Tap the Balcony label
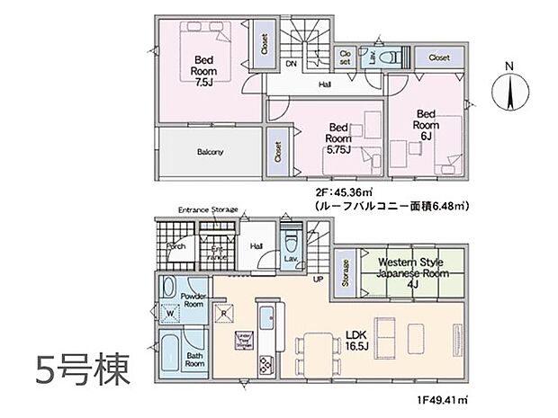coord(210,152)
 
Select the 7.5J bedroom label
coord(204,68)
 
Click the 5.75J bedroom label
coord(338,140)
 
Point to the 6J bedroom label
coord(426,127)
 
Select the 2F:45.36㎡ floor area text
coord(343,192)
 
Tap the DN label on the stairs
coord(291,65)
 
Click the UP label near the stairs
coord(318,280)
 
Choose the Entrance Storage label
coord(208,209)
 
